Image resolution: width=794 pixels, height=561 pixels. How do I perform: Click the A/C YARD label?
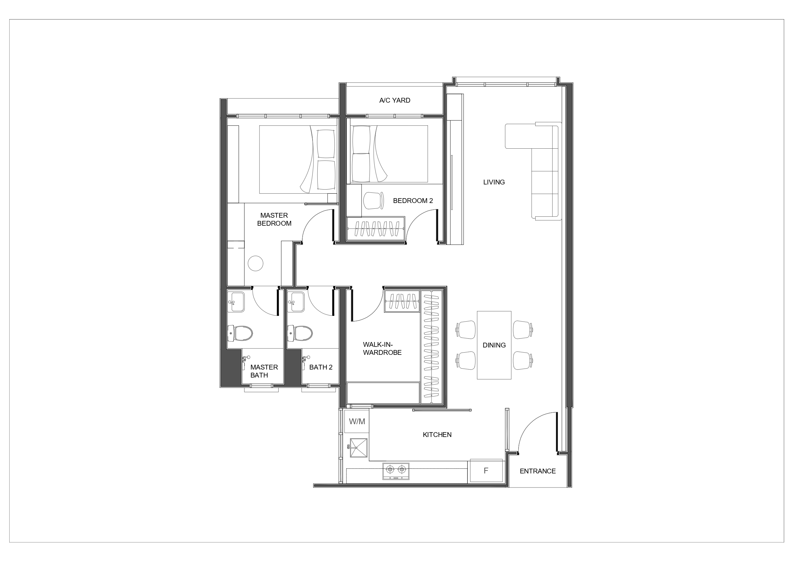point(394,100)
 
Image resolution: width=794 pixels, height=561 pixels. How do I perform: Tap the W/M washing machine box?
point(357,421)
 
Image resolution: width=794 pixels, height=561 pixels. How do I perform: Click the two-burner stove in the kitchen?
point(396,471)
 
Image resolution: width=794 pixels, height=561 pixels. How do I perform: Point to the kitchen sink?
point(358,448)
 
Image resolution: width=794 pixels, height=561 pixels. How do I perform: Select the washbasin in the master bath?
point(236,302)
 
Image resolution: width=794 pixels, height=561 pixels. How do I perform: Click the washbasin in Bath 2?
point(296,302)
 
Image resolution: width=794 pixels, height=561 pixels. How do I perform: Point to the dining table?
point(494,345)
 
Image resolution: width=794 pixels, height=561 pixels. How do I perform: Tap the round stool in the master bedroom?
point(256,263)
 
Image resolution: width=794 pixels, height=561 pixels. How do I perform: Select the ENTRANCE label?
point(538,471)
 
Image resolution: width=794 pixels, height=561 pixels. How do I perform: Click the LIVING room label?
point(494,182)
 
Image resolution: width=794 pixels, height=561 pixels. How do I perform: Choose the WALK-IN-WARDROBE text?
point(382,348)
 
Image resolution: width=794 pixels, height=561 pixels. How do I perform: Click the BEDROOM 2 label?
point(413,201)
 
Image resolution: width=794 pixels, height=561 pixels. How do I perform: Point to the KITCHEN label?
point(437,435)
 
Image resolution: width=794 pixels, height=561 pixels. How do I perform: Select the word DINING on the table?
point(494,345)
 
